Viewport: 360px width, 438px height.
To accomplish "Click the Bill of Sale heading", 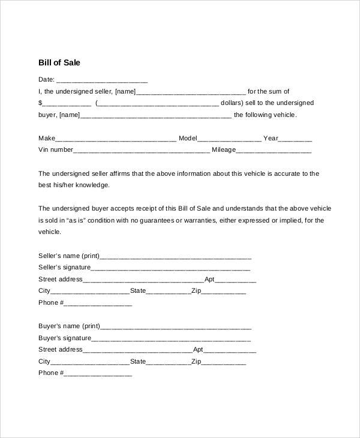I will coord(59,62).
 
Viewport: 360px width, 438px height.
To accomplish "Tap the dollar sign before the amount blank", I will coord(40,103).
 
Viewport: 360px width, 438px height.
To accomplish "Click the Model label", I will coord(188,139).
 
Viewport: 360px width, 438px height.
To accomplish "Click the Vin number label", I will coord(56,150).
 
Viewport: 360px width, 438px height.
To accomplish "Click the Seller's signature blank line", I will coord(171,268).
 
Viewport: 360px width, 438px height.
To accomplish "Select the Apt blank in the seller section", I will coord(236,280).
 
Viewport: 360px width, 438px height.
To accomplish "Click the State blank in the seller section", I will coord(169,292).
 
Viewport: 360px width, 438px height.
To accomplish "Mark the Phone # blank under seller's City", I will coord(97,304).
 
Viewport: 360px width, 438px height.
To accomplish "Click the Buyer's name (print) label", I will coord(69,326).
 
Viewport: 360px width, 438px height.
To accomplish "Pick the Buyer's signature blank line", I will coord(171,338).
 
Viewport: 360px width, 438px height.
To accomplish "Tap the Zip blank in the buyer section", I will coord(223,362).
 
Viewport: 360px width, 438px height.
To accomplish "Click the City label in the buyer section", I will coord(44,362).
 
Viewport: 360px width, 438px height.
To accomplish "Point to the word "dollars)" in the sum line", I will coord(233,103).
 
